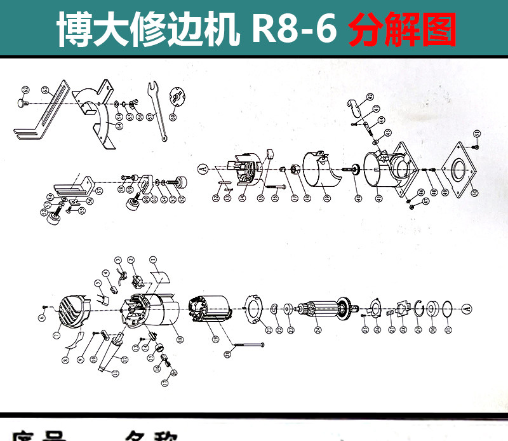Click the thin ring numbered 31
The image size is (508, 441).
coord(448,309)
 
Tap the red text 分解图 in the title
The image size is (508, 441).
coord(403,30)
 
